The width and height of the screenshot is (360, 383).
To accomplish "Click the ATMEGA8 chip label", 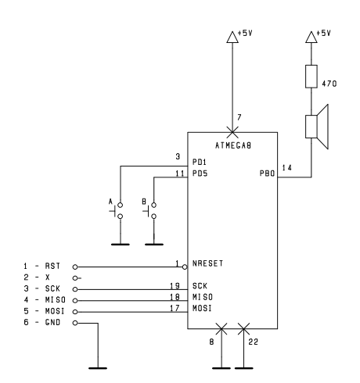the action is point(233,145).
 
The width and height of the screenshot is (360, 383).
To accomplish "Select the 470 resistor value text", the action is point(329,84).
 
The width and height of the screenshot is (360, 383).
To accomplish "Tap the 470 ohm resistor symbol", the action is point(311,77).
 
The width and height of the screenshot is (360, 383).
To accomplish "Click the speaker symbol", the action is point(317,127).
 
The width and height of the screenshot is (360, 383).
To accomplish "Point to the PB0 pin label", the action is point(268,174).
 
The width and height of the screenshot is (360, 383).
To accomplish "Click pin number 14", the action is point(287,168).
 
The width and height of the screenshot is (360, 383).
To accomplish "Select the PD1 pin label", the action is point(200,162).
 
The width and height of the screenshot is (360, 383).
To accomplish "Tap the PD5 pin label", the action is point(200,174).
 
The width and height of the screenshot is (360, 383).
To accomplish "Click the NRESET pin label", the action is point(207,263).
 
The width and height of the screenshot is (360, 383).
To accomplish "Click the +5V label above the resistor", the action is point(323,33).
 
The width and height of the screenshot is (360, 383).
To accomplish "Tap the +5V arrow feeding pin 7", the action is point(232,37).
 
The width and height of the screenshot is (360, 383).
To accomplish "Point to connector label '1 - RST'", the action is point(42,266).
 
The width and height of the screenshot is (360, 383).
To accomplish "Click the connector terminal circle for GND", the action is point(75,323).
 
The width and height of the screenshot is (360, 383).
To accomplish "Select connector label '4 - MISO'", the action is point(45,300).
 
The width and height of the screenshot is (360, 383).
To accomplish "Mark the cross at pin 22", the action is point(243,329).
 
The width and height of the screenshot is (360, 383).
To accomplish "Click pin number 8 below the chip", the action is point(211,342).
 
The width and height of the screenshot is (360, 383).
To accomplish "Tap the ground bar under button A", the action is point(121,245).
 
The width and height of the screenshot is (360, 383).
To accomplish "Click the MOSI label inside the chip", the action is point(202,308).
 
